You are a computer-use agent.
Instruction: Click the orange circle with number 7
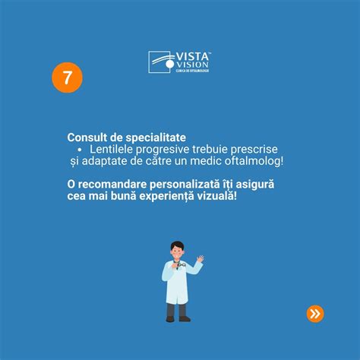coord(67,78)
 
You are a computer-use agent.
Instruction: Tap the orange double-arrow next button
coord(314,313)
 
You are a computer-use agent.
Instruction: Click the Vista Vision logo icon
coord(160,62)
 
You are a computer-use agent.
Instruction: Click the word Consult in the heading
coord(88,137)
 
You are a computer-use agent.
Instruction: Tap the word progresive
coord(175,150)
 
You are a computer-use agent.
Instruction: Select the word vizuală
coord(226,197)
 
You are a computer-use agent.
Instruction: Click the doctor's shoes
coord(177,318)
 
